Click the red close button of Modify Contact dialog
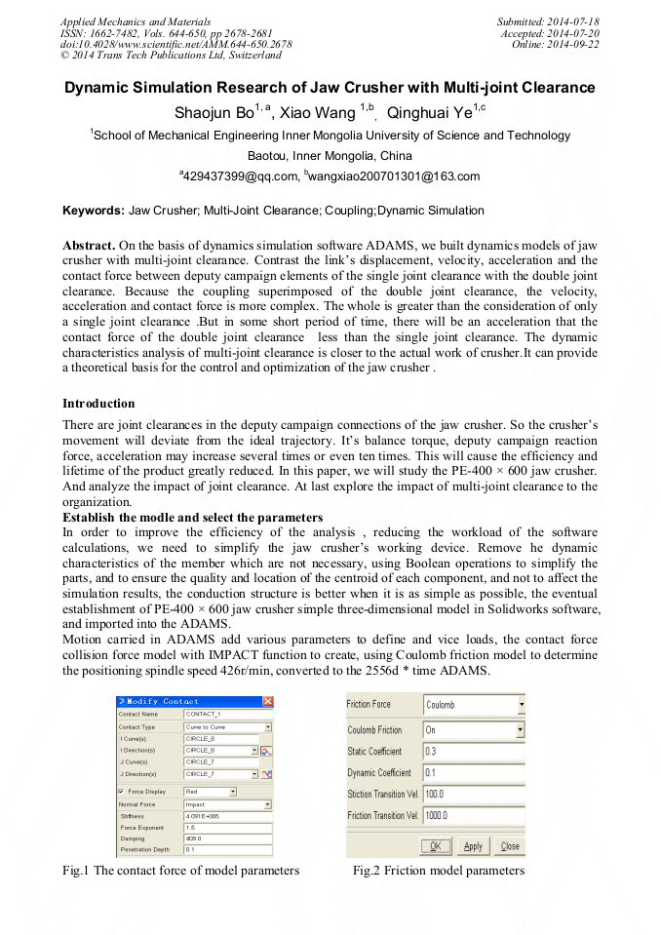tap(268, 701)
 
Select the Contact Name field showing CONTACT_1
tap(227, 714)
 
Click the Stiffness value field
tap(227, 815)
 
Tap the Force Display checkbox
tap(121, 792)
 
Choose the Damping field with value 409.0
tap(227, 838)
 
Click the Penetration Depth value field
tap(227, 849)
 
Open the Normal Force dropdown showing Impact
tap(227, 804)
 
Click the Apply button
tap(473, 846)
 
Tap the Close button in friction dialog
tap(509, 846)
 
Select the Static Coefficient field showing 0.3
tap(473, 751)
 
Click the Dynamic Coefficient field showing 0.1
tap(473, 772)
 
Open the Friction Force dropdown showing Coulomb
tap(473, 704)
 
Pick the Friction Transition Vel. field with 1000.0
tap(473, 814)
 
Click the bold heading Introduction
tap(98, 403)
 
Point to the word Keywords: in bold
tap(94, 211)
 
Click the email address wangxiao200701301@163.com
tap(396, 176)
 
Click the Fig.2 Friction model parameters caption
tap(438, 870)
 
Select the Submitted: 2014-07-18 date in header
tap(548, 21)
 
